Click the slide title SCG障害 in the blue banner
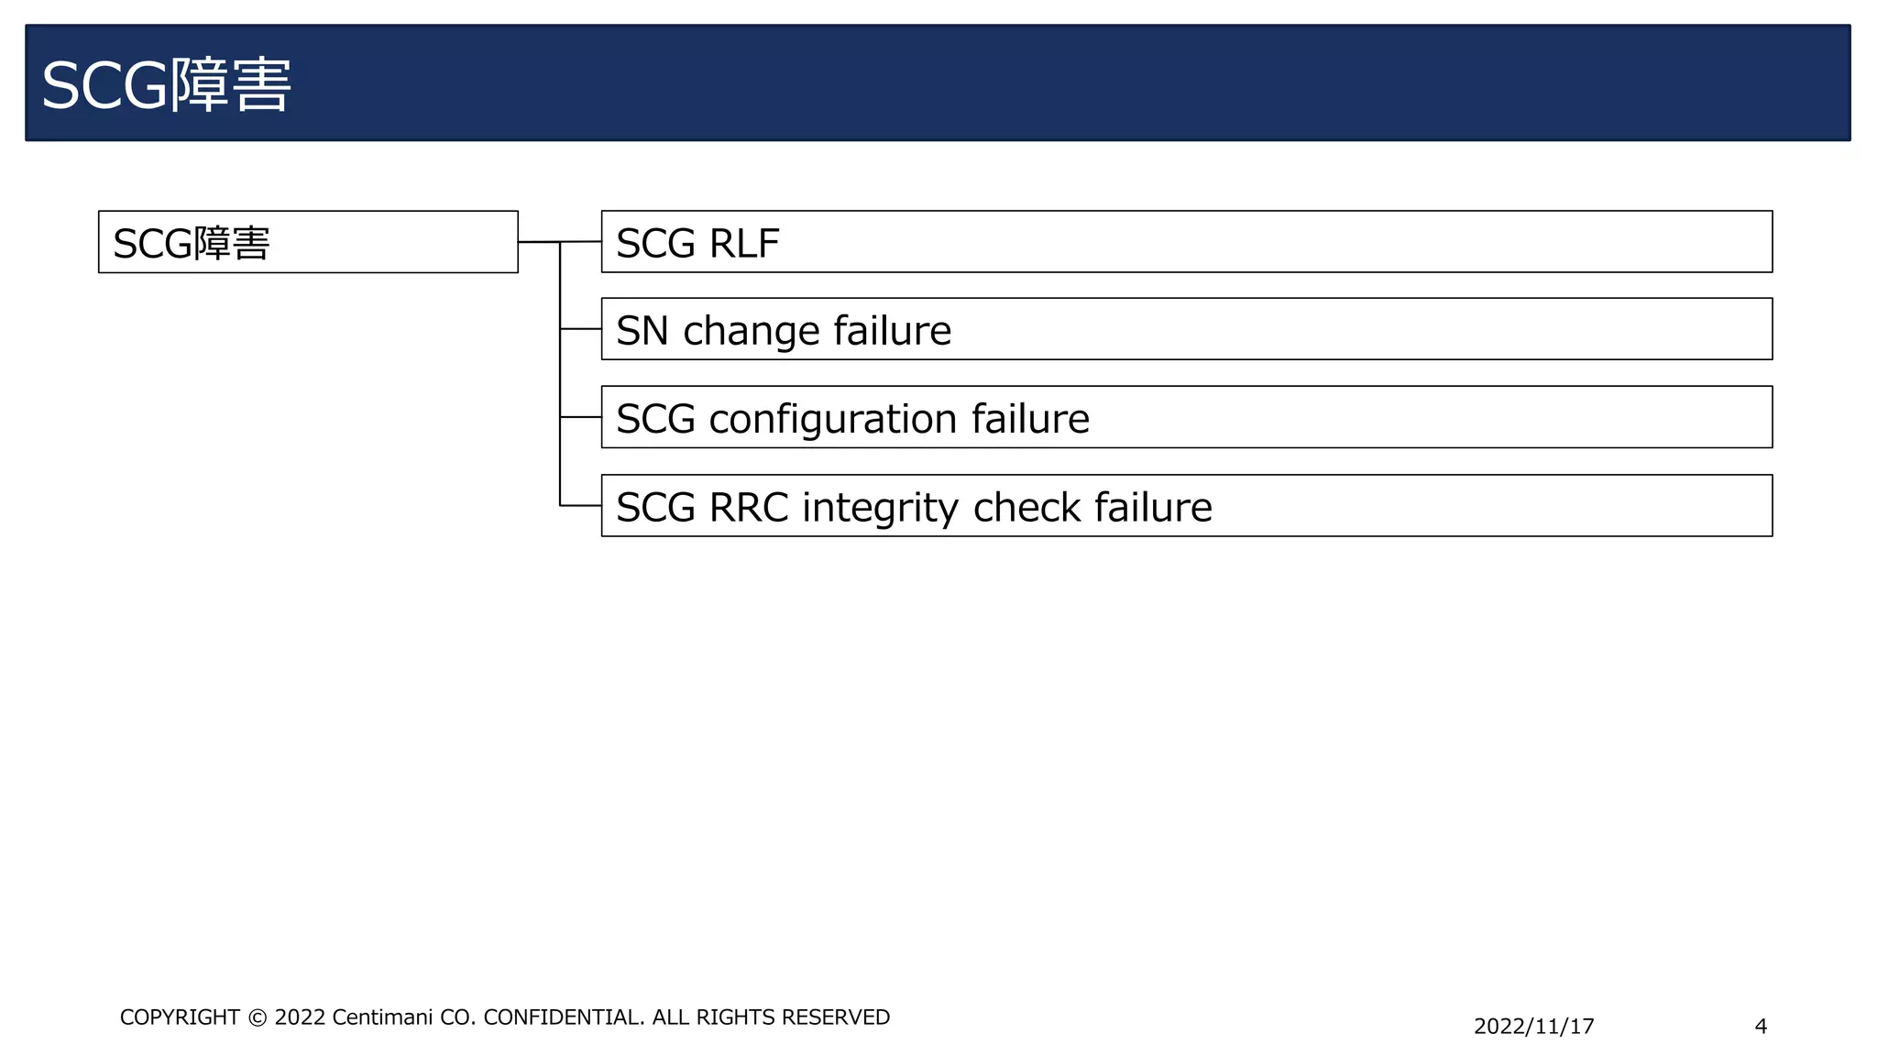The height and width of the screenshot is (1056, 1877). click(x=166, y=85)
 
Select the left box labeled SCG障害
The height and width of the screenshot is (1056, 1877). click(x=308, y=242)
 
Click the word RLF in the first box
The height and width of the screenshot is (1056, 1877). click(x=743, y=244)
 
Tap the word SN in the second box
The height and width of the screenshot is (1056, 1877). click(x=642, y=331)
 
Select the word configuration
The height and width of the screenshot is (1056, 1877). click(x=833, y=420)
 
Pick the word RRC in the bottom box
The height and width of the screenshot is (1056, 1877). click(x=748, y=508)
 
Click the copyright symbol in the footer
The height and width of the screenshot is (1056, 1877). click(x=258, y=1018)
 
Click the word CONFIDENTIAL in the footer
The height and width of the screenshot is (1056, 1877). click(x=564, y=1017)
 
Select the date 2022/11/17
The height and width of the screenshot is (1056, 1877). click(x=1533, y=1027)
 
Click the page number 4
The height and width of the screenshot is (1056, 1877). click(x=1760, y=1027)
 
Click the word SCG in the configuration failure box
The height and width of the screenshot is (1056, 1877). click(x=655, y=420)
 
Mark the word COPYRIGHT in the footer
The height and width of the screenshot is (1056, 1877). click(x=180, y=1017)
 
